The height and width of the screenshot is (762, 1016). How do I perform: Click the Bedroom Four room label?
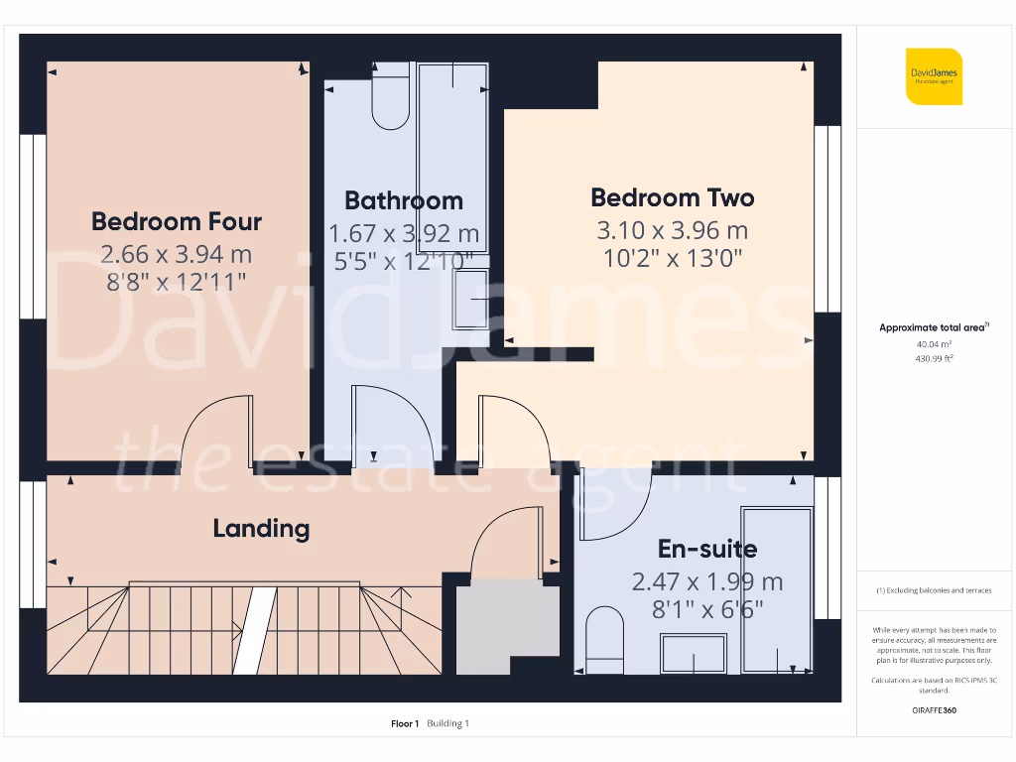tap(177, 221)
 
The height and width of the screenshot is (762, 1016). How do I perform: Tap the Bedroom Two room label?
tap(672, 197)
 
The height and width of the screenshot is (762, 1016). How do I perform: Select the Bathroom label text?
tap(404, 200)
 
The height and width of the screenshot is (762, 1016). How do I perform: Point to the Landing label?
tap(261, 528)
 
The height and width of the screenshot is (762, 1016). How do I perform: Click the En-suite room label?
tap(707, 549)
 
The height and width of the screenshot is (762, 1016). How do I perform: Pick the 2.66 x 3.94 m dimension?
tap(177, 254)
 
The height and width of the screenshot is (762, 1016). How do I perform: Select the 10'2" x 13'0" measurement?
tap(672, 259)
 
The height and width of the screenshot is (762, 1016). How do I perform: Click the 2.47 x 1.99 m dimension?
tap(707, 581)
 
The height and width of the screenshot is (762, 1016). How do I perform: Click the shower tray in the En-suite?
tap(778, 591)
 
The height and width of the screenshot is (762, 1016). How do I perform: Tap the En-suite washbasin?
tap(694, 655)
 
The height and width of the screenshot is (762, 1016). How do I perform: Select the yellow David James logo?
tap(934, 76)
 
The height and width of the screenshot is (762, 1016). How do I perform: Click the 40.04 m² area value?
tap(934, 344)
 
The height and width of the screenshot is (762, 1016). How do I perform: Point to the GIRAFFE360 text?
tap(934, 710)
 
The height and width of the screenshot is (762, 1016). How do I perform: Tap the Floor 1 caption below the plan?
tap(405, 723)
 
